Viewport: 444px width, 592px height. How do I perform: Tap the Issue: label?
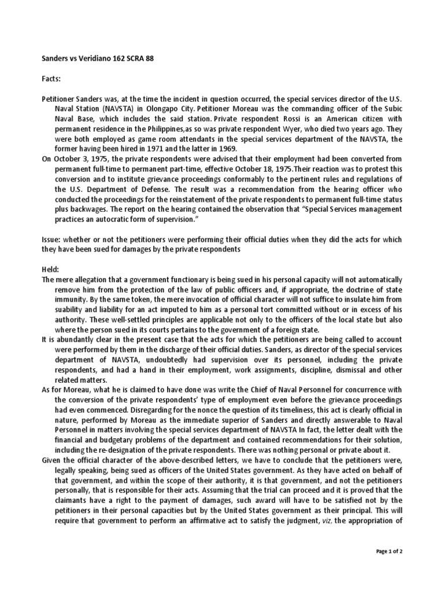point(51,239)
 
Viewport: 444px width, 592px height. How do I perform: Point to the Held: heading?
point(51,270)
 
